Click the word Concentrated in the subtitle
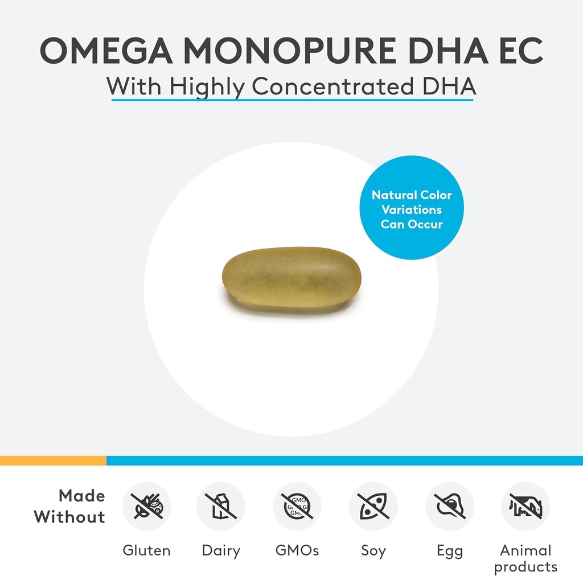click(333, 86)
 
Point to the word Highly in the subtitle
click(208, 86)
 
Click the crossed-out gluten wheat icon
click(146, 506)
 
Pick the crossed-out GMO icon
click(297, 506)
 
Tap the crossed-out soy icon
click(373, 506)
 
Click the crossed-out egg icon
click(450, 506)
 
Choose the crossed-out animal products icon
click(525, 506)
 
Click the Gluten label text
click(146, 550)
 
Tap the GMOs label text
click(297, 550)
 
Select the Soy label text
click(373, 550)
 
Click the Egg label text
click(450, 550)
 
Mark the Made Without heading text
click(70, 506)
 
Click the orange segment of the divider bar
click(53, 461)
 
